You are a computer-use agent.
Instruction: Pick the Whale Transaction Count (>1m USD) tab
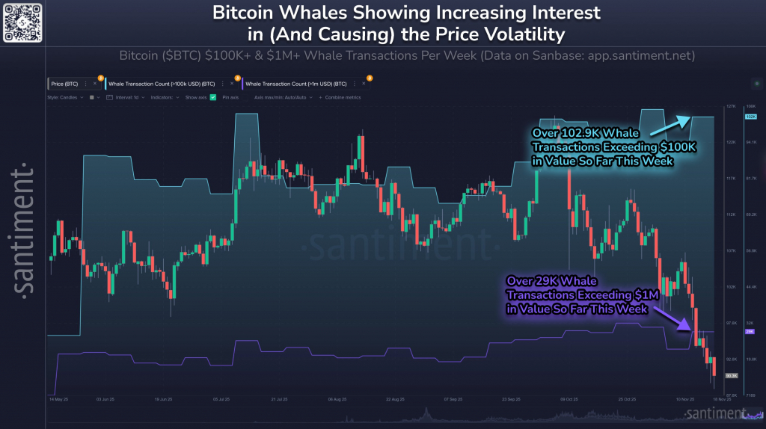[x=295, y=83]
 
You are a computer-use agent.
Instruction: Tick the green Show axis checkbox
[x=213, y=97]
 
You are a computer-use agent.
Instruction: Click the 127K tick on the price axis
[x=731, y=106]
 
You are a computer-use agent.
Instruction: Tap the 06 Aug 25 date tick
[x=339, y=399]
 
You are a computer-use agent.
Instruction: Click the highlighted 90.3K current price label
[x=731, y=375]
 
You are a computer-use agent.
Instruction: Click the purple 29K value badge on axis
[x=750, y=331]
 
